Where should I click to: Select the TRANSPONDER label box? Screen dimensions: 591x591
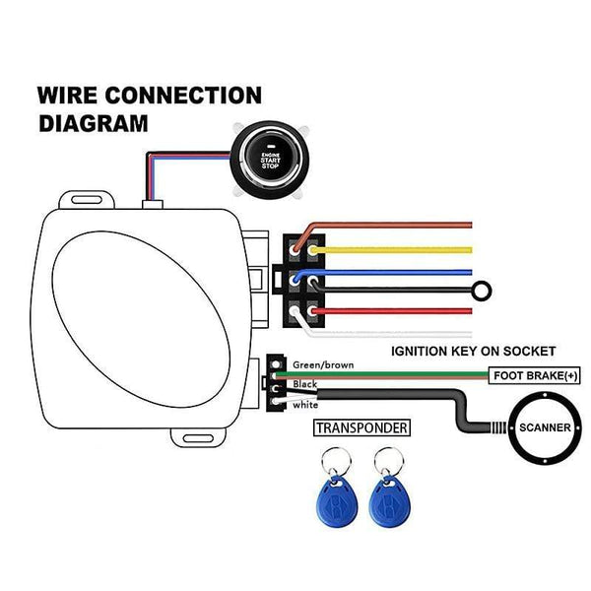point(359,427)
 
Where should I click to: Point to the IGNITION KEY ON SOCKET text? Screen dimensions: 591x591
point(474,351)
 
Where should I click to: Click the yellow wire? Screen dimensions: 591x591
point(394,251)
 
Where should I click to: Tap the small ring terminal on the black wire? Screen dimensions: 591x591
point(483,291)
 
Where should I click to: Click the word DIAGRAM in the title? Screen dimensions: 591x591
point(94,124)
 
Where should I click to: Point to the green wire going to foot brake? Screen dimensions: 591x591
point(394,375)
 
